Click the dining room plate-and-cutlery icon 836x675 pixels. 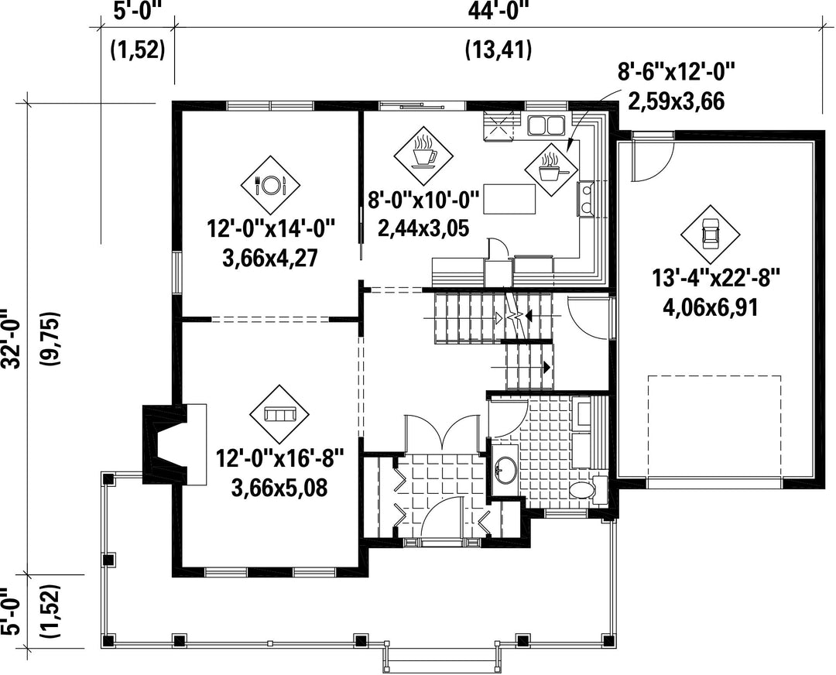[270, 185]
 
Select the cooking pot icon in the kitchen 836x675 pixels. [551, 170]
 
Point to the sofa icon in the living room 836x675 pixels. [280, 413]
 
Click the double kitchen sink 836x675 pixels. [546, 125]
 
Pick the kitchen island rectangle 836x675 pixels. [509, 199]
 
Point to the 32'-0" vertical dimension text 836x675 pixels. [12, 338]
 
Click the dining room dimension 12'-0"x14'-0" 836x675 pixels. [272, 230]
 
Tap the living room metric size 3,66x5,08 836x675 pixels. [279, 488]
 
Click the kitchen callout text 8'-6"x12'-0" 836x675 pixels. [677, 71]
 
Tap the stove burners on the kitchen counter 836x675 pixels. [586, 198]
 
